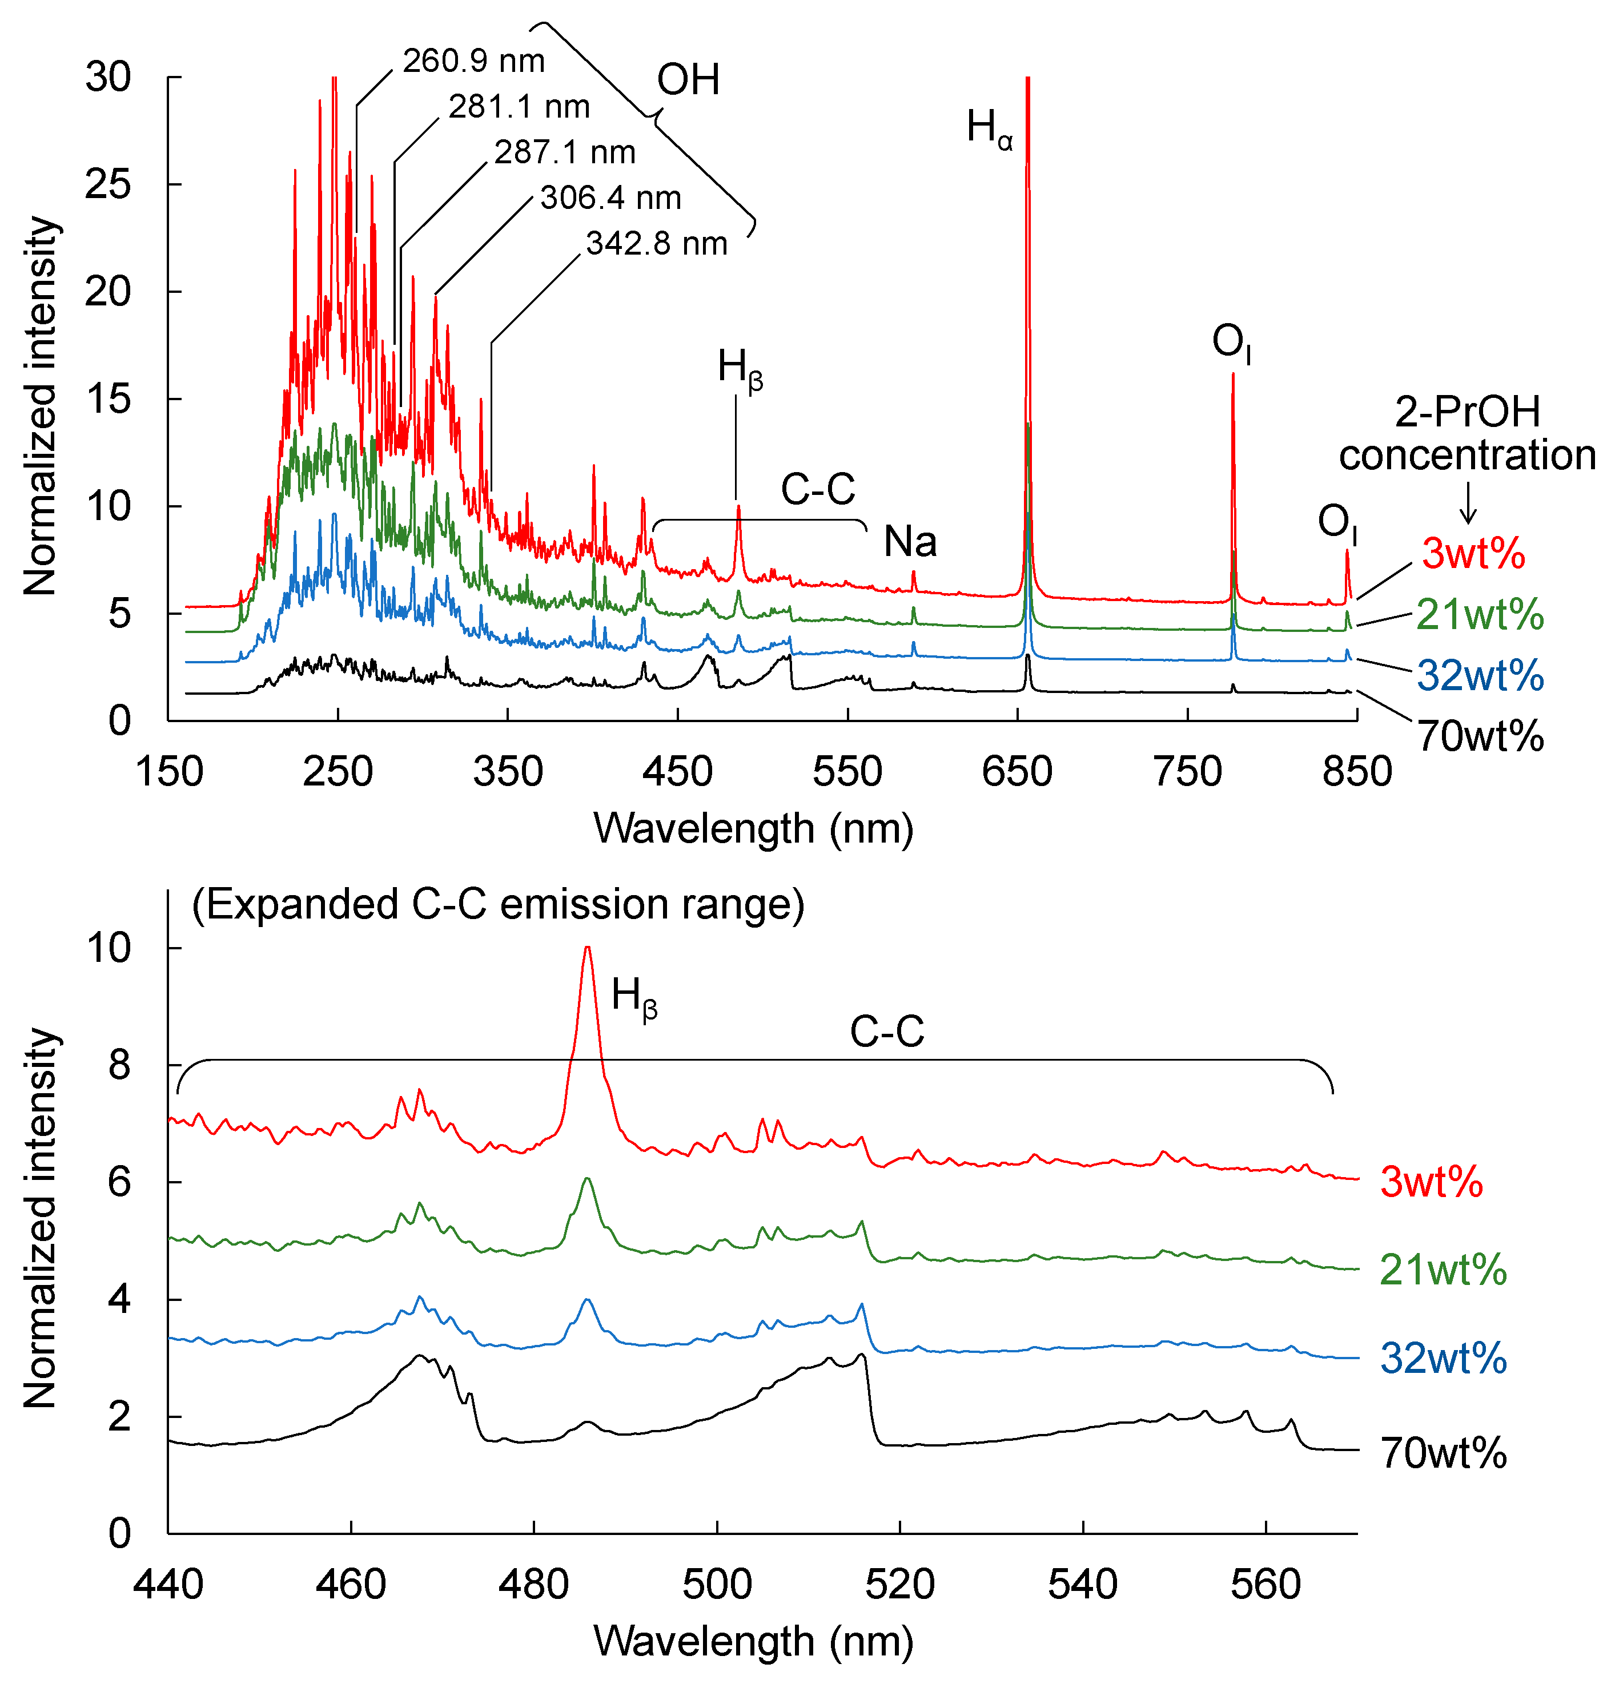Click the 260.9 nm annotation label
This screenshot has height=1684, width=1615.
[473, 61]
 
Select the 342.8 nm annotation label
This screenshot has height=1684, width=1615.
[657, 244]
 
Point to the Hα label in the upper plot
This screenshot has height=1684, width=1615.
[989, 129]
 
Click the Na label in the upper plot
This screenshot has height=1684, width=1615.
[910, 542]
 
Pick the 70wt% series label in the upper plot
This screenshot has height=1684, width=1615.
[1480, 736]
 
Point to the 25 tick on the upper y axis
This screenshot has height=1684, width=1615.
[109, 185]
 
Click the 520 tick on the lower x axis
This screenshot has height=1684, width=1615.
[900, 1584]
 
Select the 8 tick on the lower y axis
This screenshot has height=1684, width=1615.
[119, 1065]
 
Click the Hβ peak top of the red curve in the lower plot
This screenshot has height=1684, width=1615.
[587, 949]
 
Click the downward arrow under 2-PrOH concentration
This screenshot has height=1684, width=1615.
[1468, 504]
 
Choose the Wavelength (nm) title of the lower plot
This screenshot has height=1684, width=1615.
[753, 1641]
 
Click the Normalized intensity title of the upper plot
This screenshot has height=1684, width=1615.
[41, 405]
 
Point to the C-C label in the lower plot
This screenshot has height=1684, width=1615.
[886, 1032]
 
